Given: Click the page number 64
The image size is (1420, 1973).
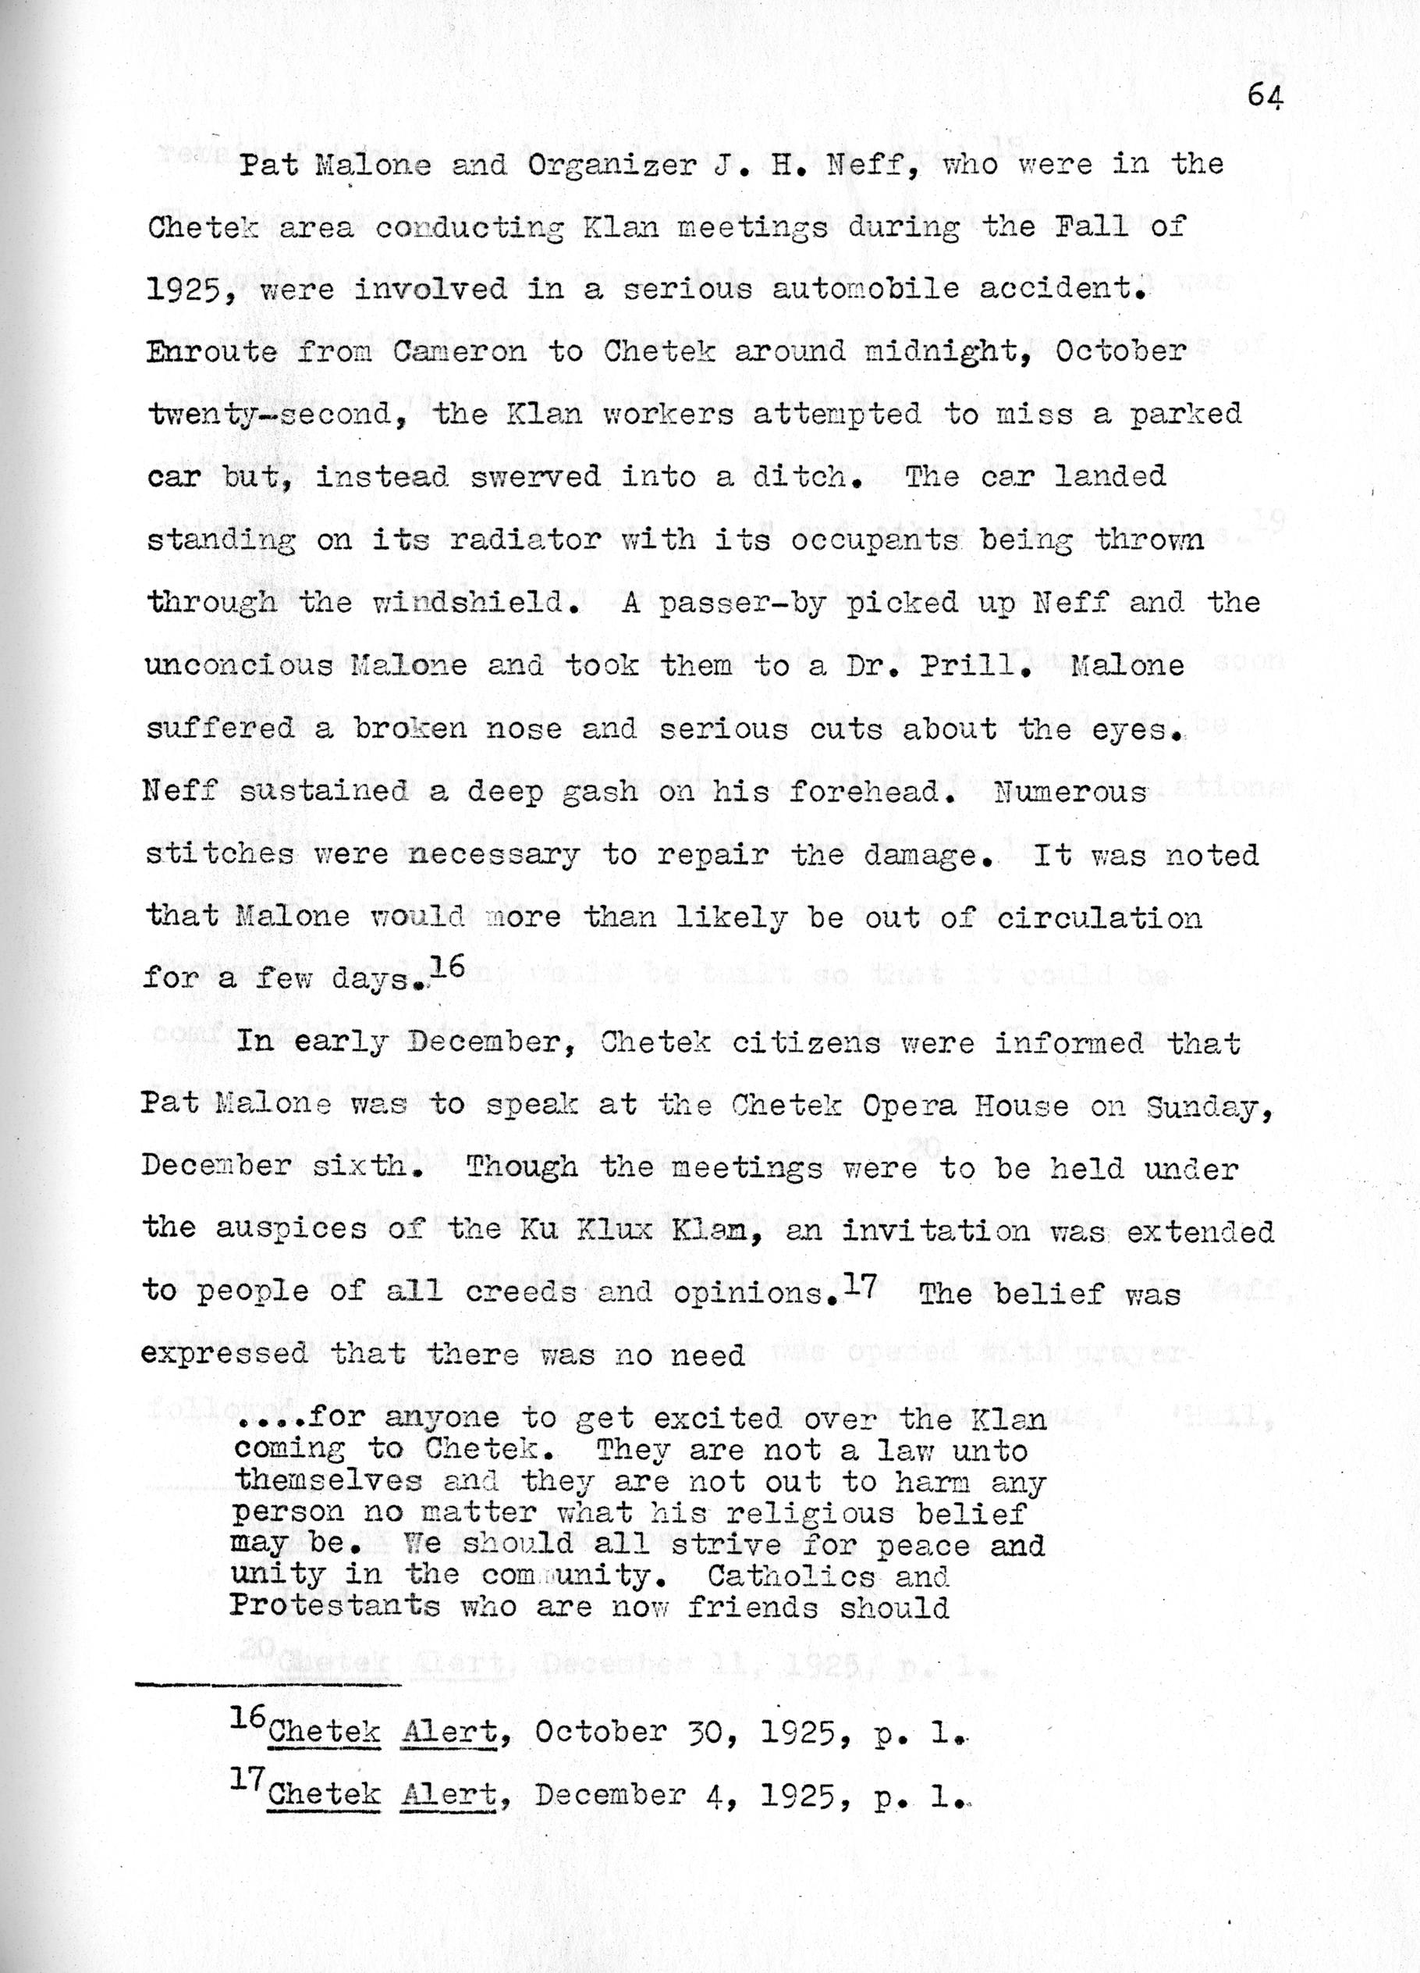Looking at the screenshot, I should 1265,96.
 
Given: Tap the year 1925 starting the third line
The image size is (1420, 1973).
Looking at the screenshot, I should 181,289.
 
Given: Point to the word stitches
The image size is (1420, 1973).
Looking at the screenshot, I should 220,854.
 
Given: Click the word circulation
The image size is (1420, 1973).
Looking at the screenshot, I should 1099,917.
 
